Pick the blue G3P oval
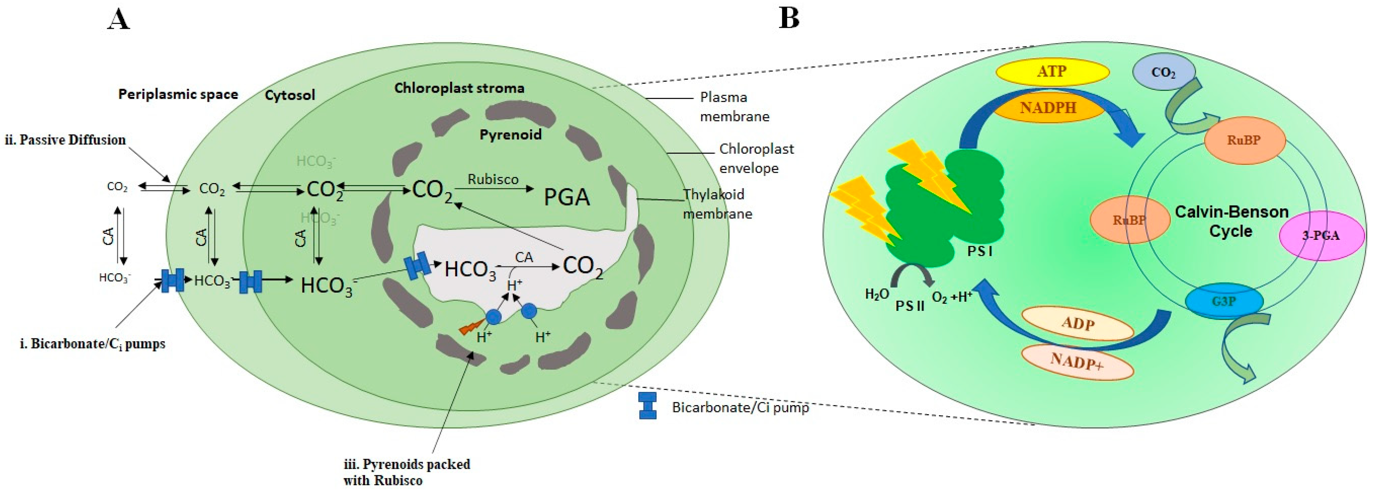tap(1223, 301)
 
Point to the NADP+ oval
tap(1077, 362)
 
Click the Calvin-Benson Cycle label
tap(1231, 221)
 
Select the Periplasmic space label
tap(178, 95)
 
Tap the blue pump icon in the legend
tap(647, 406)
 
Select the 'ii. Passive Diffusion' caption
tap(65, 140)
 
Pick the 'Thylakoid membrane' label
tap(717, 204)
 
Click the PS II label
tap(910, 306)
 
